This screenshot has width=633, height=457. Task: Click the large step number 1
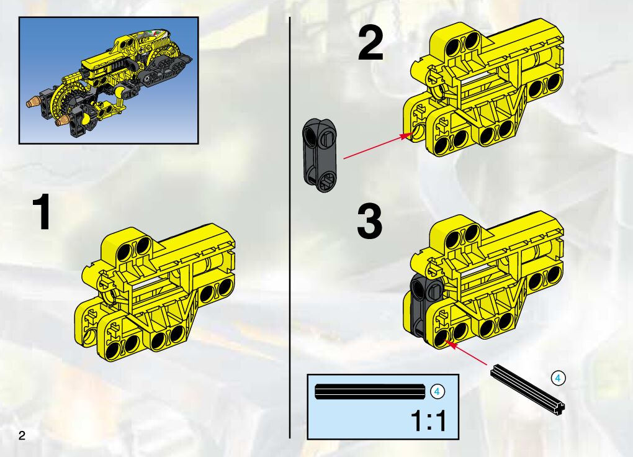pos(42,212)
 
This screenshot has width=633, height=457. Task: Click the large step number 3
pos(369,222)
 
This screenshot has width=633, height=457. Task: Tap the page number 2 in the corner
pos(21,435)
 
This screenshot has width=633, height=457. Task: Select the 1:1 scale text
pos(429,420)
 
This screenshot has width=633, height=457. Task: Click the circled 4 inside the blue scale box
pos(438,392)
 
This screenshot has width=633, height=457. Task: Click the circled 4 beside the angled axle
pos(559,378)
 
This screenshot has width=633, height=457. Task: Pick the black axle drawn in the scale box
pos(370,392)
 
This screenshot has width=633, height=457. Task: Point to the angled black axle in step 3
pos(527,389)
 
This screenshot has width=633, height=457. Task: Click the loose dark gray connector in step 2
pos(320,155)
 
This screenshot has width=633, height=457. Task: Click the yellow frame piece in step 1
pos(155,294)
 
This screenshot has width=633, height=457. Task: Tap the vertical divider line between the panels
pos(289,227)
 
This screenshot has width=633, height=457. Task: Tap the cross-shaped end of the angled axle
pos(560,409)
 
